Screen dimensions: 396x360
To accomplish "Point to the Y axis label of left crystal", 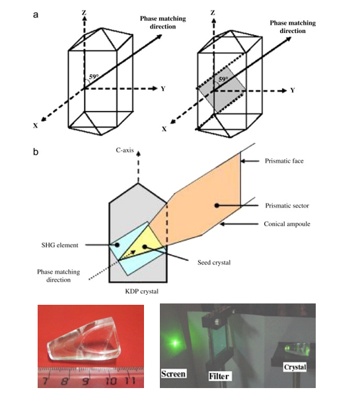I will (162, 87).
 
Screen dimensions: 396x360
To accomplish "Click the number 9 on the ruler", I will (85, 381).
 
